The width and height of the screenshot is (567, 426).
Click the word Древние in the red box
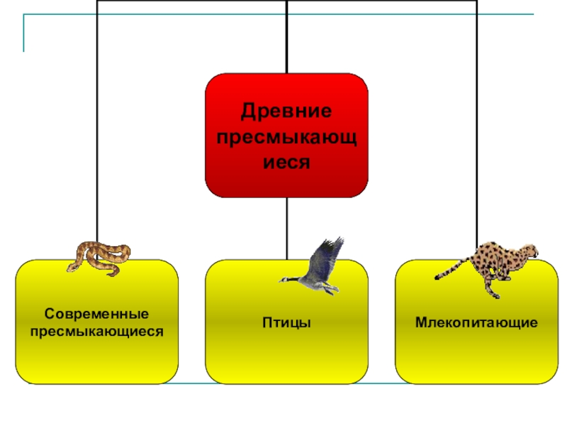[x=286, y=111]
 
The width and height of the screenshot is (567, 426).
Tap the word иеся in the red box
[x=286, y=161]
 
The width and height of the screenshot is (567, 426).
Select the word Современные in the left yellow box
[x=96, y=313]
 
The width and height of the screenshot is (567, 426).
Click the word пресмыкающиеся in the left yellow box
[x=96, y=330]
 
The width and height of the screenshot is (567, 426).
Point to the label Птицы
[x=286, y=323]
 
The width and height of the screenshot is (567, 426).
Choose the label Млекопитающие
[x=476, y=323]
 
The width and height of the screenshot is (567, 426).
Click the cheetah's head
[x=530, y=251]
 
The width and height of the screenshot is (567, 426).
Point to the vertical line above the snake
[x=96, y=142]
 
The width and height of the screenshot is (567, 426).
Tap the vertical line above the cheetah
[x=476, y=142]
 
